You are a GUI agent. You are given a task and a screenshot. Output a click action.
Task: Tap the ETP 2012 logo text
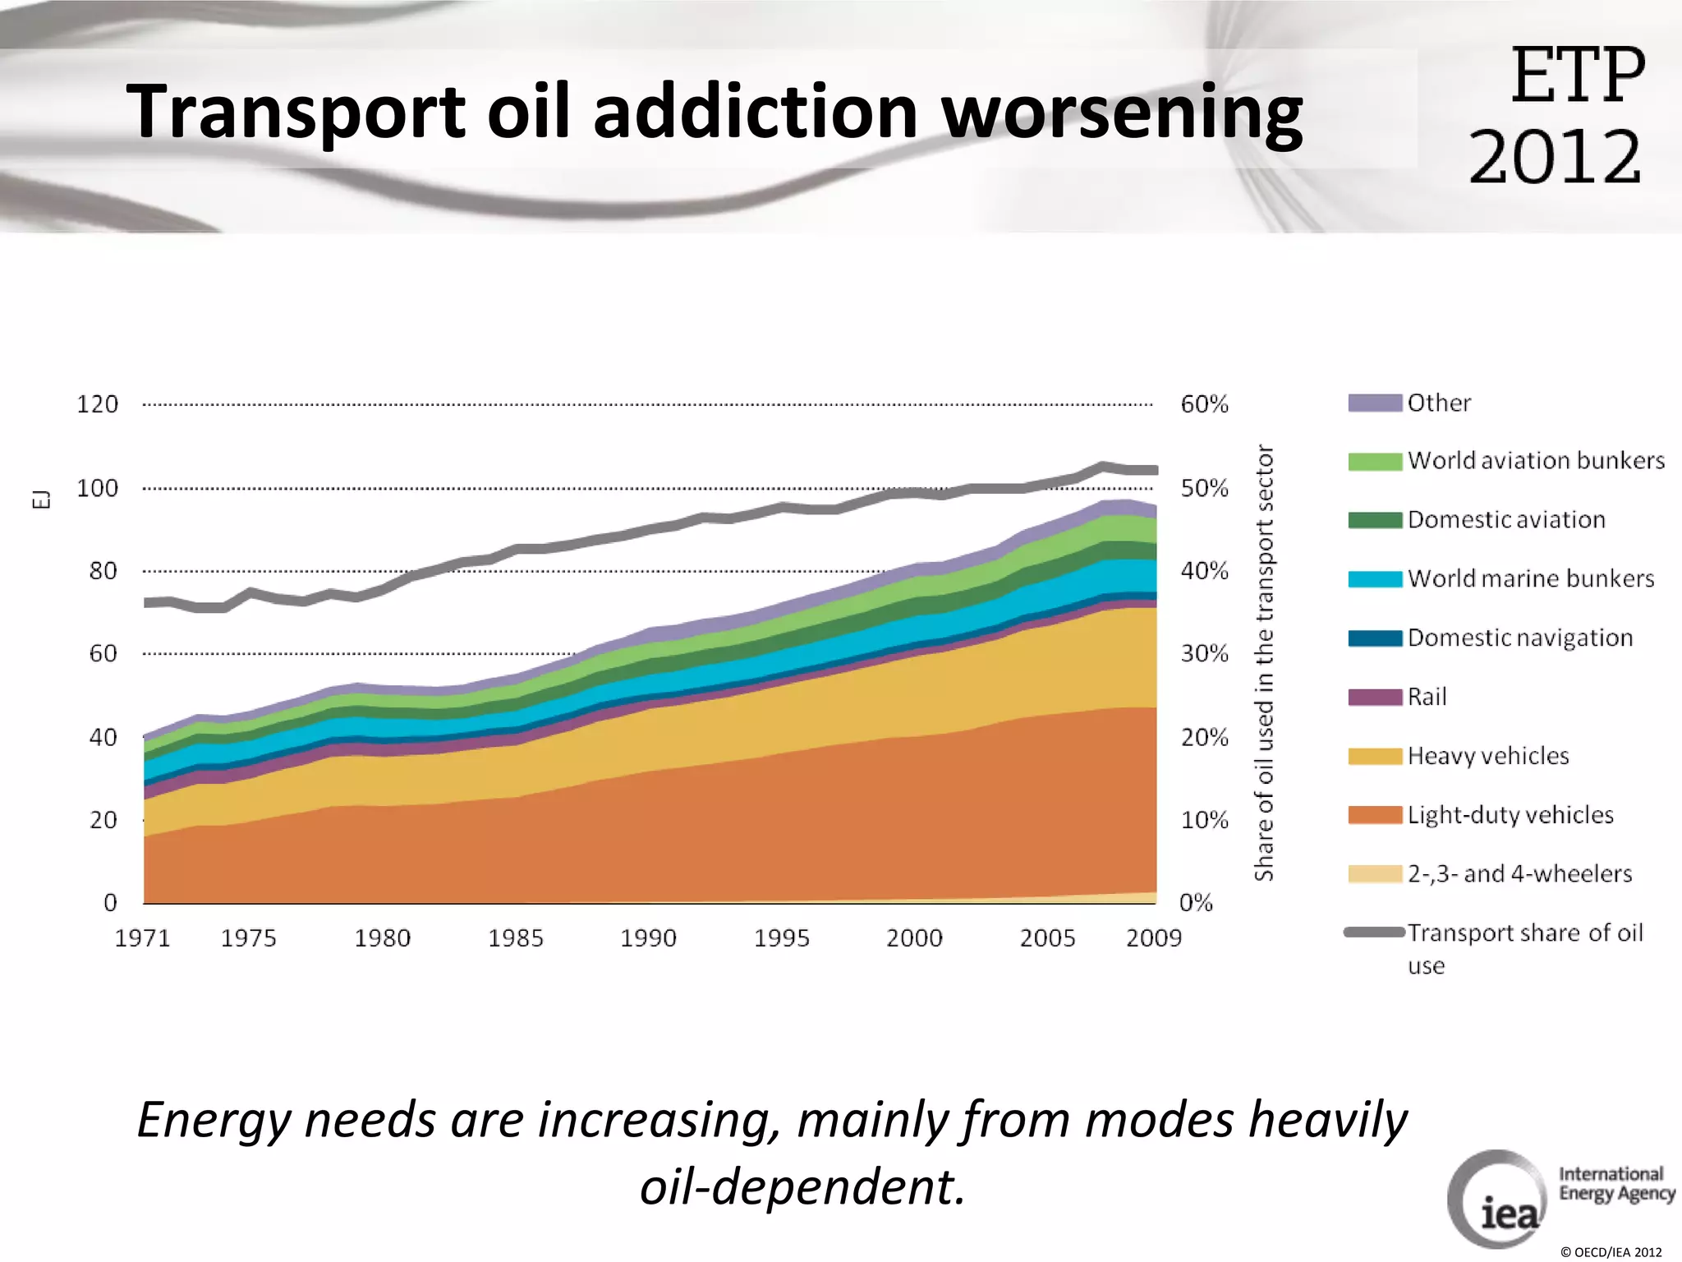[x=1556, y=115]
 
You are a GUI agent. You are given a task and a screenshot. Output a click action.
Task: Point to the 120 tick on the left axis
[x=97, y=404]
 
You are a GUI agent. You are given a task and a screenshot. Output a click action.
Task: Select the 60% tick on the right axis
[x=1204, y=404]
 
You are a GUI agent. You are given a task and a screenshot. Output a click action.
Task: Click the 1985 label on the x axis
[x=515, y=938]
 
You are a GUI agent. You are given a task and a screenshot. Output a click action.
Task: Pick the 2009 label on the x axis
[x=1153, y=938]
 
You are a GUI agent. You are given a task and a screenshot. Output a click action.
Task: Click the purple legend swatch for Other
[x=1374, y=403]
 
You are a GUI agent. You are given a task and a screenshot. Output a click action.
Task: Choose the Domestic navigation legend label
[x=1519, y=638]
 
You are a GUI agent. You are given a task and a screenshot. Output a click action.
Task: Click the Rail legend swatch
[x=1374, y=698]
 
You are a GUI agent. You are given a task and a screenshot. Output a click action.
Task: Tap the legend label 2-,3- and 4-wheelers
[x=1519, y=873]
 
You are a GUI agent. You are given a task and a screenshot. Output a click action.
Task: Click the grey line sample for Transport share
[x=1374, y=932]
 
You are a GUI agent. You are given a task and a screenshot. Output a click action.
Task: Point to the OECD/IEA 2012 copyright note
[x=1611, y=1252]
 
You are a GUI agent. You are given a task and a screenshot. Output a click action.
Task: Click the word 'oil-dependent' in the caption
[x=802, y=1186]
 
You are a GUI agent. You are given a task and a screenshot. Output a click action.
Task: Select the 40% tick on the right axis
[x=1204, y=570]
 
